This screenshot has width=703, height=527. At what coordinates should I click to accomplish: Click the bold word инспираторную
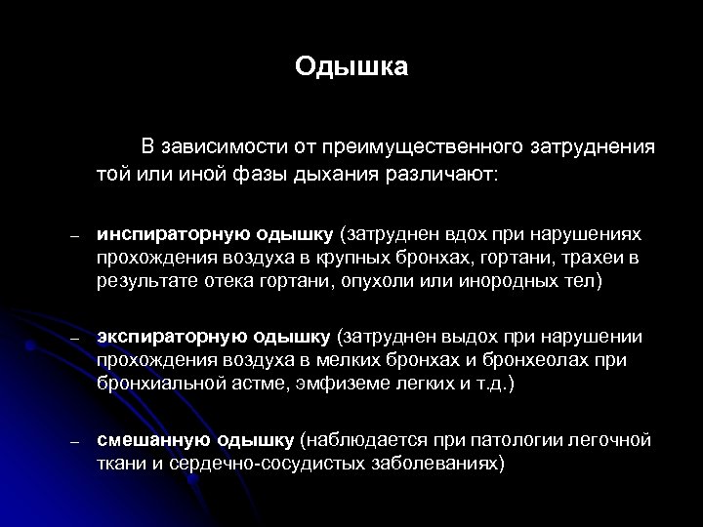pyautogui.click(x=172, y=235)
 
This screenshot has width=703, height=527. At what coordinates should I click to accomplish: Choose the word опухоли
pyautogui.click(x=376, y=282)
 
